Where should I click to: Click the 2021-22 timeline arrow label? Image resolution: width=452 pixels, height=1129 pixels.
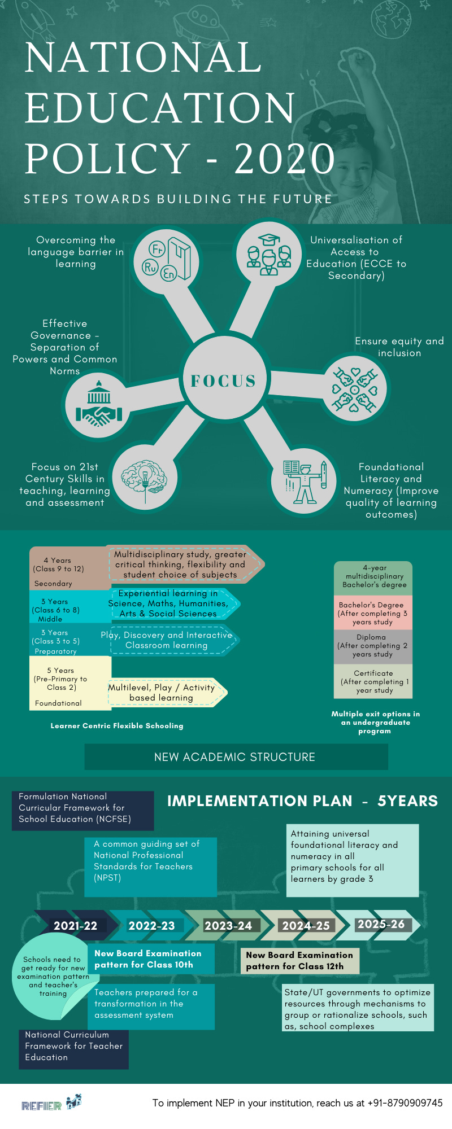pyautogui.click(x=75, y=926)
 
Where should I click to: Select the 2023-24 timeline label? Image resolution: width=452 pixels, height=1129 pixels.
pyautogui.click(x=228, y=926)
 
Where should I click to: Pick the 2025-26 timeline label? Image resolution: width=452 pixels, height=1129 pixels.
pyautogui.click(x=381, y=924)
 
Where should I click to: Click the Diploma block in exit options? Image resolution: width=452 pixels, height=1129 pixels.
pyautogui.click(x=373, y=646)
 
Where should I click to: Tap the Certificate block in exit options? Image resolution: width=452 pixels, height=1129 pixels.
pyautogui.click(x=373, y=681)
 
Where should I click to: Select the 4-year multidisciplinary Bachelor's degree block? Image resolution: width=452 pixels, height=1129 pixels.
pyautogui.click(x=373, y=577)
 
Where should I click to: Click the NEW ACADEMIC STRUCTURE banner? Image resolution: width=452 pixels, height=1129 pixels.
pyautogui.click(x=236, y=757)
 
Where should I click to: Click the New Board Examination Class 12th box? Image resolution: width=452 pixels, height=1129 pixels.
pyautogui.click(x=299, y=960)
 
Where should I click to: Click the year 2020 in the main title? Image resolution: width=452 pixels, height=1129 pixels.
pyautogui.click(x=285, y=159)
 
